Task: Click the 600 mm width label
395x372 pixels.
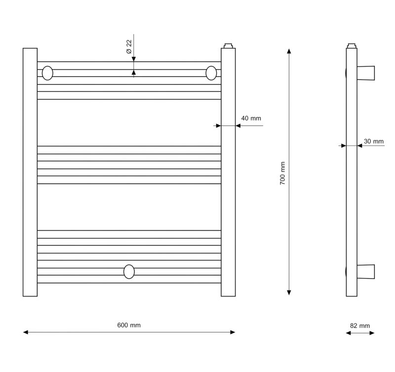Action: coord(129,325)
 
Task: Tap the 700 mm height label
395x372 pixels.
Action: coord(282,173)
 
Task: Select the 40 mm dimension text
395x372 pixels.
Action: coord(251,118)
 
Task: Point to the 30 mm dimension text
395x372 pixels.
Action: coord(374,141)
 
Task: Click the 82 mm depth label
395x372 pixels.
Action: coord(360,326)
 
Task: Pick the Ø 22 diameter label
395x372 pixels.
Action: coord(129,46)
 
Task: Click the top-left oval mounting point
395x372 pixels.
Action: coord(47,73)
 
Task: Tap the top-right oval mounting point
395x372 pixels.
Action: coord(211,73)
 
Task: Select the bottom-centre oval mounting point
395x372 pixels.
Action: coord(129,272)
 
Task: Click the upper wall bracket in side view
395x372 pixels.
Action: coord(366,73)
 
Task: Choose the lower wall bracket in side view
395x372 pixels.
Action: coord(366,272)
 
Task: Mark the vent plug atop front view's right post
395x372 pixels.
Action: coord(228,45)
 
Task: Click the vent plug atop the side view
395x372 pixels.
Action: coord(352,45)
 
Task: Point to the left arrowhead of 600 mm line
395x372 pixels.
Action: coord(26,332)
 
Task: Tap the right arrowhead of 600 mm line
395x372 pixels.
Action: coord(233,332)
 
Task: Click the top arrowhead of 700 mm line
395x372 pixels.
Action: coord(289,51)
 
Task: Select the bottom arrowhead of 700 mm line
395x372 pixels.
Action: coord(289,292)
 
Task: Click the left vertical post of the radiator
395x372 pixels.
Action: coord(30,172)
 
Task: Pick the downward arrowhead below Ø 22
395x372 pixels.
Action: coord(134,59)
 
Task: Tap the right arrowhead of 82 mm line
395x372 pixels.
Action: coord(372,333)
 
